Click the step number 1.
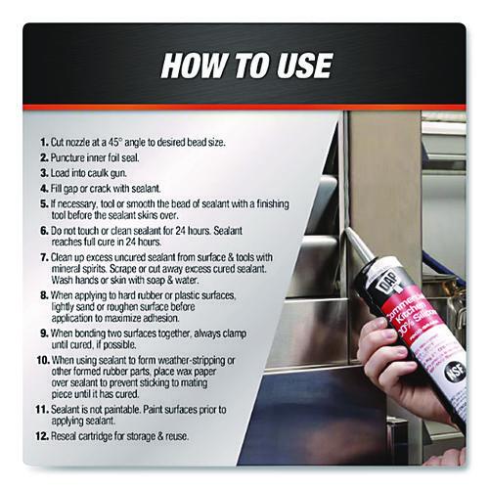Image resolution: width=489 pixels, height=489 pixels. click(44, 142)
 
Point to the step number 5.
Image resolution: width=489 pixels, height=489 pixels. click(44, 204)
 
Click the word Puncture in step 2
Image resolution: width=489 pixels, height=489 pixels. click(67, 157)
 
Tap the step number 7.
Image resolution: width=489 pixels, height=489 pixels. click(44, 257)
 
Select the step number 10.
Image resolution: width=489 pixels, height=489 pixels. click(43, 361)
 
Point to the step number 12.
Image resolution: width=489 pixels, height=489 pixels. click(42, 436)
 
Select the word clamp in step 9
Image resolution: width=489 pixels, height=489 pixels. click(233, 334)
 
